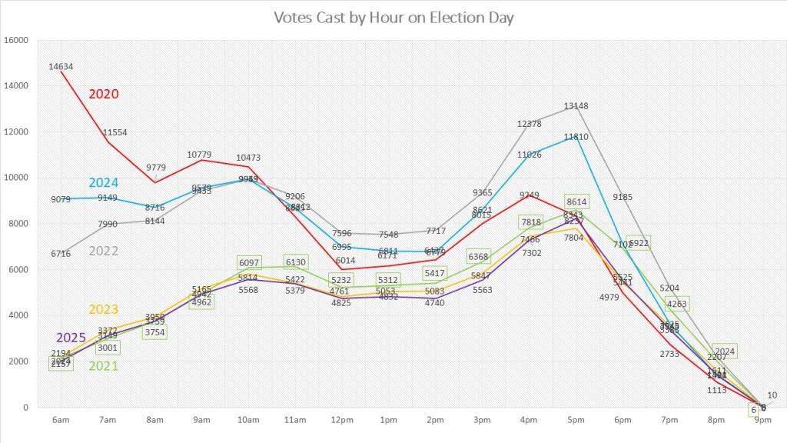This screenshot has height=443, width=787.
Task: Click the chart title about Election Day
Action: [x=393, y=17]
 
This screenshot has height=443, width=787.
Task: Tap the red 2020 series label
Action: [x=104, y=94]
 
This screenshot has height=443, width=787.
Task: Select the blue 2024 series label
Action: [x=104, y=182]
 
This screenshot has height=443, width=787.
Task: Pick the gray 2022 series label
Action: [x=104, y=251]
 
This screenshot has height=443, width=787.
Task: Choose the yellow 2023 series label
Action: [x=104, y=309]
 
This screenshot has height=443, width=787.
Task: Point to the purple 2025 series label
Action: [x=71, y=338]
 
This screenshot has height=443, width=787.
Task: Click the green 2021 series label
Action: [x=104, y=365]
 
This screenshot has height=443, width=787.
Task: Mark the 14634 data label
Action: [x=61, y=66]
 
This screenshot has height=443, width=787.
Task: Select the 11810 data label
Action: [x=576, y=137]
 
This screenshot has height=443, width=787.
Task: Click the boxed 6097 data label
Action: [x=249, y=263]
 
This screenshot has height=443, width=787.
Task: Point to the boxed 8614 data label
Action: [x=576, y=201]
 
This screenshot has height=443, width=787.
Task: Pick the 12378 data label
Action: [x=530, y=124]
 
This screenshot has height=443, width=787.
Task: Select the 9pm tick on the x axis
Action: [x=763, y=420]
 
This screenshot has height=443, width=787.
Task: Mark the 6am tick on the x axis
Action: [x=61, y=420]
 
